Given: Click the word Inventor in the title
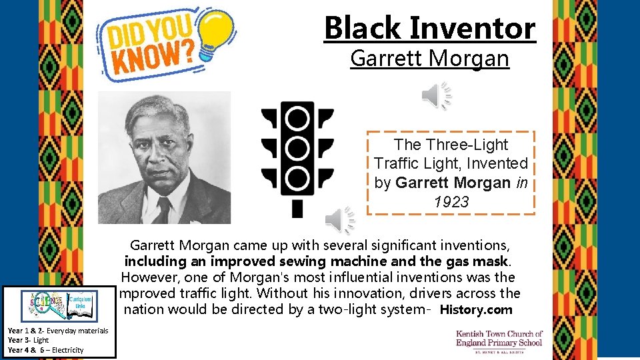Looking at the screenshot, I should coord(473,28).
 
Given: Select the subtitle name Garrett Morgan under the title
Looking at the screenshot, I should coord(429,59).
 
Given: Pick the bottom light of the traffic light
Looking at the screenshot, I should coord(297,178).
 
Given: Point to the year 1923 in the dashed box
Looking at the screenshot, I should coord(451,202).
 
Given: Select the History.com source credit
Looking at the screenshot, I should coord(476,309).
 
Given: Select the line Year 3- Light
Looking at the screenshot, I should coord(28,340).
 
